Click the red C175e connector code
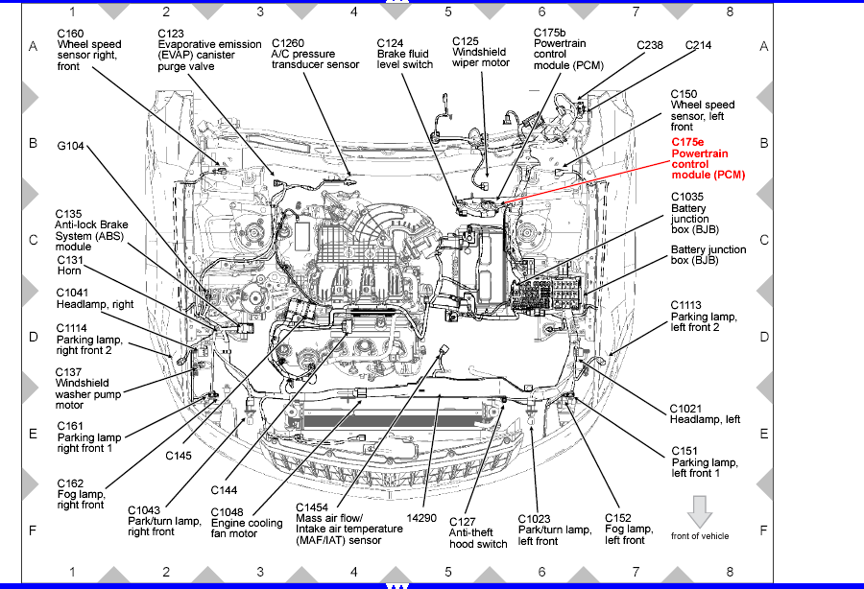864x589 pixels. click(687, 142)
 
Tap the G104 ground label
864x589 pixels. click(71, 147)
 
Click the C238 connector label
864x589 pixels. click(650, 44)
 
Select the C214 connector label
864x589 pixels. click(698, 44)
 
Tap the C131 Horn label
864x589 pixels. click(71, 265)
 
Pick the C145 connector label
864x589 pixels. click(179, 456)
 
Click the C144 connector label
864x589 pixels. click(224, 489)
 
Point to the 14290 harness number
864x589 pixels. click(421, 516)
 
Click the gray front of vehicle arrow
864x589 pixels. click(700, 511)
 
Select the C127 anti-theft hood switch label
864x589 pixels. click(478, 532)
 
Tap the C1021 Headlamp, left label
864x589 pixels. click(705, 413)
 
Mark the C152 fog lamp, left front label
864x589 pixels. click(629, 529)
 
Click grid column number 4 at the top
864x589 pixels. click(353, 12)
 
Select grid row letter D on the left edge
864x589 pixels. click(33, 337)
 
